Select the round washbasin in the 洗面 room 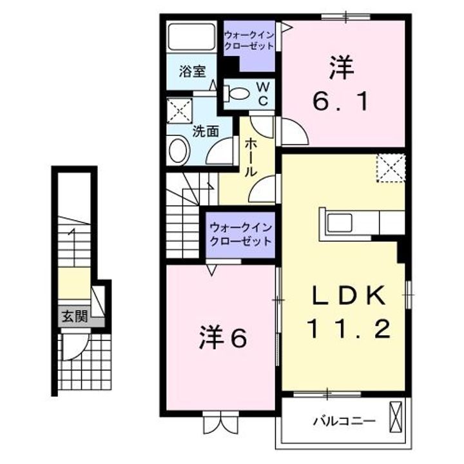(178, 151)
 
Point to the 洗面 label (206, 131)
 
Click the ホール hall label (251, 158)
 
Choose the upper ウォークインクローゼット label (249, 41)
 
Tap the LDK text (349, 296)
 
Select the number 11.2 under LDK (349, 331)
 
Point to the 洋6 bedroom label (222, 338)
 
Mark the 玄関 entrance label (72, 316)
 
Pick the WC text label (264, 93)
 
